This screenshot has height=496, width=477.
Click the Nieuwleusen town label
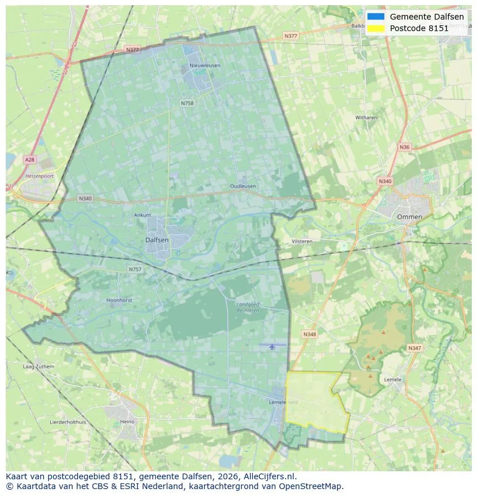point(205,66)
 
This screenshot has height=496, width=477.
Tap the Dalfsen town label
point(157,240)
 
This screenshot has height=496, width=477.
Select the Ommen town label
point(409,217)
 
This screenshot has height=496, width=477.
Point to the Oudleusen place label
point(243,186)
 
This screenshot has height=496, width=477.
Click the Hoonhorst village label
point(120,300)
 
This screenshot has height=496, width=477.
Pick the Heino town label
point(127,422)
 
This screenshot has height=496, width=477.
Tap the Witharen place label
point(366,118)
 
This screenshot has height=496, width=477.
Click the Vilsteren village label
point(302,241)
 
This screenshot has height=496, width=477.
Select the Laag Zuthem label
point(38,366)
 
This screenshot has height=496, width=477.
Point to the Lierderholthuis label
point(68,422)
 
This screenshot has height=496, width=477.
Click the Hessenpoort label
point(39,176)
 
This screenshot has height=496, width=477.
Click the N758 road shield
point(187,103)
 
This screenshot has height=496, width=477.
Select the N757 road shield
point(135,269)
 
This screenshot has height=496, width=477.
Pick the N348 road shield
point(309,334)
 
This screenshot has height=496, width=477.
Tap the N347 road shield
point(414,348)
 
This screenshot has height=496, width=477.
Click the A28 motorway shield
point(29,159)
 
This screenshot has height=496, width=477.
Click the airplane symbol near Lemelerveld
point(272,346)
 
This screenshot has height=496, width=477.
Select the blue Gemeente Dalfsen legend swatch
point(376,17)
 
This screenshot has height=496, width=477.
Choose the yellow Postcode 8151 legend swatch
point(376,28)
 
